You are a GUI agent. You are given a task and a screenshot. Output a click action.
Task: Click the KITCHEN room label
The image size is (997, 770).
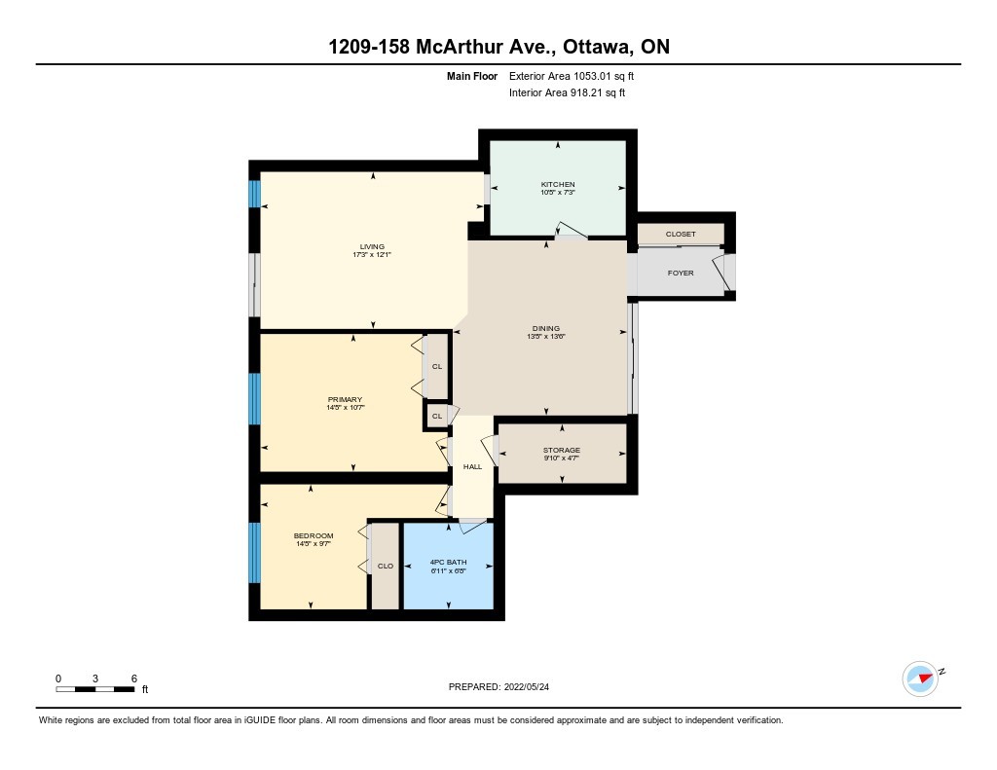pyautogui.click(x=558, y=184)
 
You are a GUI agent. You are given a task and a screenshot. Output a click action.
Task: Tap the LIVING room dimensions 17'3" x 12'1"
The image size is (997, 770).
pyautogui.click(x=372, y=255)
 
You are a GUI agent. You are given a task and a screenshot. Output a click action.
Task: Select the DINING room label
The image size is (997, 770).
pyautogui.click(x=546, y=329)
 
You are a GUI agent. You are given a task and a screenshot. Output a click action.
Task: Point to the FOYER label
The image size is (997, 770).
pyautogui.click(x=681, y=273)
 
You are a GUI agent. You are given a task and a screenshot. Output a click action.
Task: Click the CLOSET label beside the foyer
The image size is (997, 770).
pyautogui.click(x=681, y=234)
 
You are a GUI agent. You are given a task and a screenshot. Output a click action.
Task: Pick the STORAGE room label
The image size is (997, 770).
pyautogui.click(x=562, y=450)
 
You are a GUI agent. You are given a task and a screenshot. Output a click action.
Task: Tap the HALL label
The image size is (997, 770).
pyautogui.click(x=472, y=466)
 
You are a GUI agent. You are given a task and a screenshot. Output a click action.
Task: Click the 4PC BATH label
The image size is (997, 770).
pyautogui.click(x=448, y=562)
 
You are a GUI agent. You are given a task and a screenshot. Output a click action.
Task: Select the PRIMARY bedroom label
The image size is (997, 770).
pyautogui.click(x=346, y=400)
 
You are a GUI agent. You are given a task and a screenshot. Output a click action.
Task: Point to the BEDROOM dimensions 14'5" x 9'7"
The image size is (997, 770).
pyautogui.click(x=314, y=544)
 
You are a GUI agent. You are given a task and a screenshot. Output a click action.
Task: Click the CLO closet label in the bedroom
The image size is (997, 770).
pyautogui.click(x=386, y=566)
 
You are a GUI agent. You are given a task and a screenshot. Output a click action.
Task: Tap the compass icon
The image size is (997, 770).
pyautogui.click(x=921, y=678)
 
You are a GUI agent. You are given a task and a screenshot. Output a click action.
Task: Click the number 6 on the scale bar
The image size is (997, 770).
pyautogui.click(x=134, y=678)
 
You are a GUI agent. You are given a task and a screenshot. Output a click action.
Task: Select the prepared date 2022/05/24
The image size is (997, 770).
pyautogui.click(x=527, y=686)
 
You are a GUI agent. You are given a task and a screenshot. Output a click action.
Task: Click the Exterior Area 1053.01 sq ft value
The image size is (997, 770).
pyautogui.click(x=572, y=76)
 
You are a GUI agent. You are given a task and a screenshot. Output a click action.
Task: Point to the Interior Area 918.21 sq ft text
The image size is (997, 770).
pyautogui.click(x=568, y=92)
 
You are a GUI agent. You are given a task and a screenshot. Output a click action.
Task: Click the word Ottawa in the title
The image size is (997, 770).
pyautogui.click(x=597, y=47)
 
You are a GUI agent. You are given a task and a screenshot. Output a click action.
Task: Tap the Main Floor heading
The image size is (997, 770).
pyautogui.click(x=472, y=76)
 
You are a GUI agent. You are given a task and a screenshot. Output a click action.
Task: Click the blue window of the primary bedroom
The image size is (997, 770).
pyautogui.click(x=254, y=399)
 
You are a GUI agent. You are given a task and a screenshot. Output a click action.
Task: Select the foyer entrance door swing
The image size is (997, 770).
pyautogui.click(x=722, y=274)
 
